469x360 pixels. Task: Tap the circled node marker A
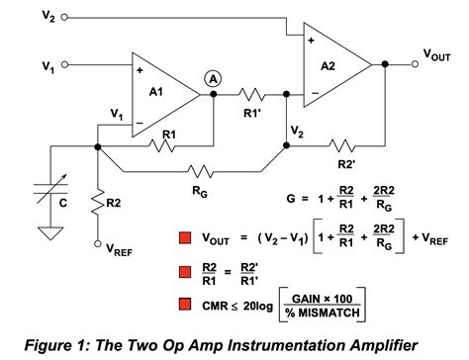211,77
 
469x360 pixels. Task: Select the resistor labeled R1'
250,95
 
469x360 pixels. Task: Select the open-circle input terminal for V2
65,18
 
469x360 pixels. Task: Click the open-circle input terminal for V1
65,65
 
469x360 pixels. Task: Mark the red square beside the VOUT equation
185,237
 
